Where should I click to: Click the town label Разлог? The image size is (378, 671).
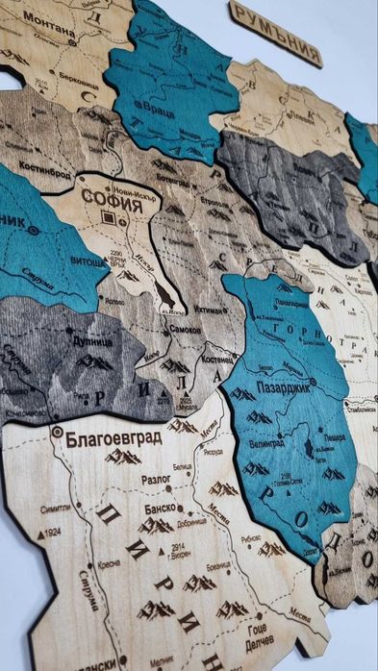click(131, 477)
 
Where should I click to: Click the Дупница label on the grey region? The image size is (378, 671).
click(90, 337)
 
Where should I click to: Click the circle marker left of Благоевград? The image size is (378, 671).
click(58, 433)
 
